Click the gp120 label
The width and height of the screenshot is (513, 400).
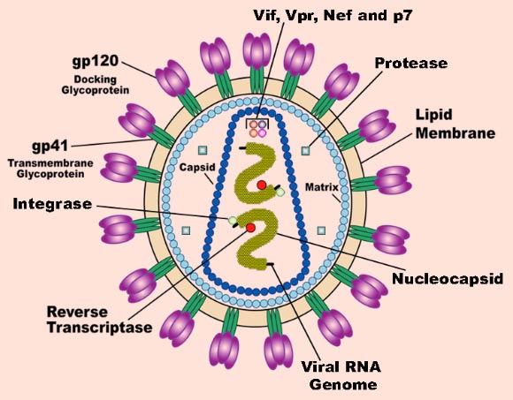coord(96,61)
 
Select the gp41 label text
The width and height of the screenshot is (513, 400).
coord(50,146)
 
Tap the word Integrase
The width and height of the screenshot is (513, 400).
coord(52,204)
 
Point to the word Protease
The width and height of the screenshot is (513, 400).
coord(411,63)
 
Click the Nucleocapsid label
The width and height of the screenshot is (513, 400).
coord(448,278)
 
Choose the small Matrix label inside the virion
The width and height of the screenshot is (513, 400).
coord(322,187)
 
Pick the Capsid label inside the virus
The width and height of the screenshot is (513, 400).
coord(197,167)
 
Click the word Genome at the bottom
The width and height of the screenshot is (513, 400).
coord(343,384)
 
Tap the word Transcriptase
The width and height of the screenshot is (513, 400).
coord(100,328)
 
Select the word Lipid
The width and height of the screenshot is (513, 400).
coord(433,115)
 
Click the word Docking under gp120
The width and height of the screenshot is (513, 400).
coord(96,79)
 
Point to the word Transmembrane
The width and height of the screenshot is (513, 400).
coord(50,162)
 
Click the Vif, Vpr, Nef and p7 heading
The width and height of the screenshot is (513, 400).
coord(333,15)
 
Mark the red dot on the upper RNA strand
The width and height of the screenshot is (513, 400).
coord(262,185)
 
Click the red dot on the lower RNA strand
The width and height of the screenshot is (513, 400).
coord(250,228)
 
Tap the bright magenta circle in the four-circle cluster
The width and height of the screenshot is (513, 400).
coord(263,133)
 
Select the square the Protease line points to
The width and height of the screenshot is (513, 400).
coord(305,150)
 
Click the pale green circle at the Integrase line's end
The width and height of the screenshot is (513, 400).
coord(233,221)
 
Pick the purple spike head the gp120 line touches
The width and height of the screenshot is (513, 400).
coord(172,79)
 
